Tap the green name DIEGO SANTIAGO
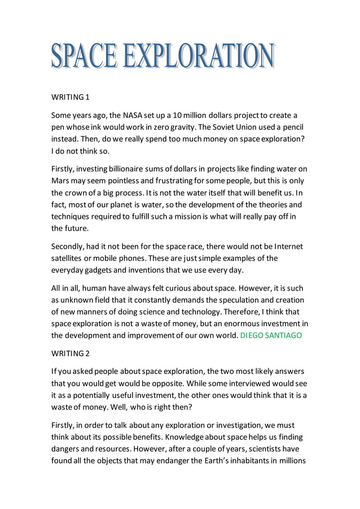271,336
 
